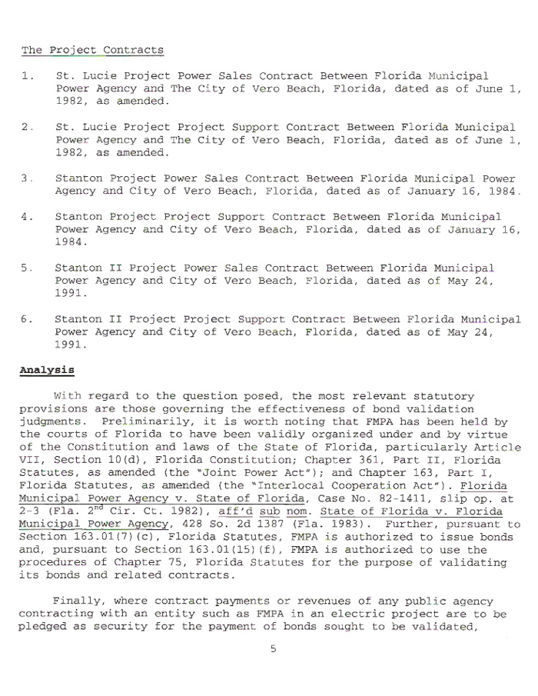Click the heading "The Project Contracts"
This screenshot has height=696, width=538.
pyautogui.click(x=92, y=51)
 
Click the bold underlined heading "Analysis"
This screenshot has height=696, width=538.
pyautogui.click(x=46, y=370)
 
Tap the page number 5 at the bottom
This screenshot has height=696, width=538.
pyautogui.click(x=273, y=648)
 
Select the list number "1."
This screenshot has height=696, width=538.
pyautogui.click(x=28, y=77)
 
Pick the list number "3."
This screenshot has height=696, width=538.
pyautogui.click(x=28, y=178)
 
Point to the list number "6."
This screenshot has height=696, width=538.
pyautogui.click(x=28, y=319)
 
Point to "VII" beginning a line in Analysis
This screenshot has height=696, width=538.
pyautogui.click(x=30, y=459)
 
